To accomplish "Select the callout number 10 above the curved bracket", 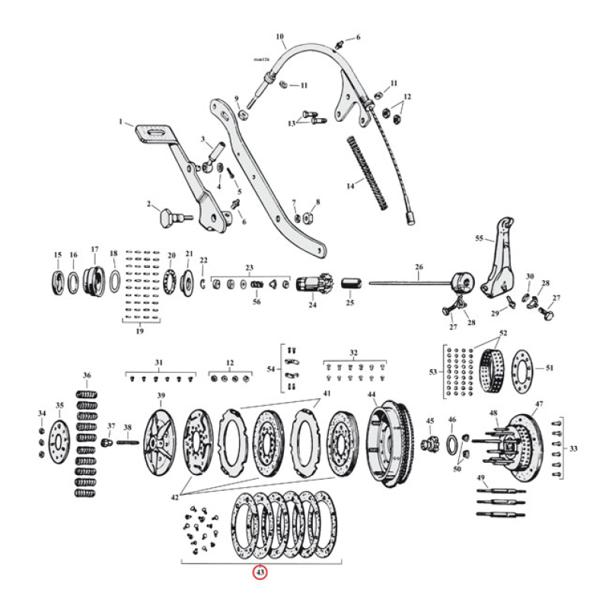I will (x=279, y=36).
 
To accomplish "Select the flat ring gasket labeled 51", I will (x=523, y=368).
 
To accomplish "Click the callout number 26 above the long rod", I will (x=418, y=266).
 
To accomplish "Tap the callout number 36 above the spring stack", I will (x=87, y=375).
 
